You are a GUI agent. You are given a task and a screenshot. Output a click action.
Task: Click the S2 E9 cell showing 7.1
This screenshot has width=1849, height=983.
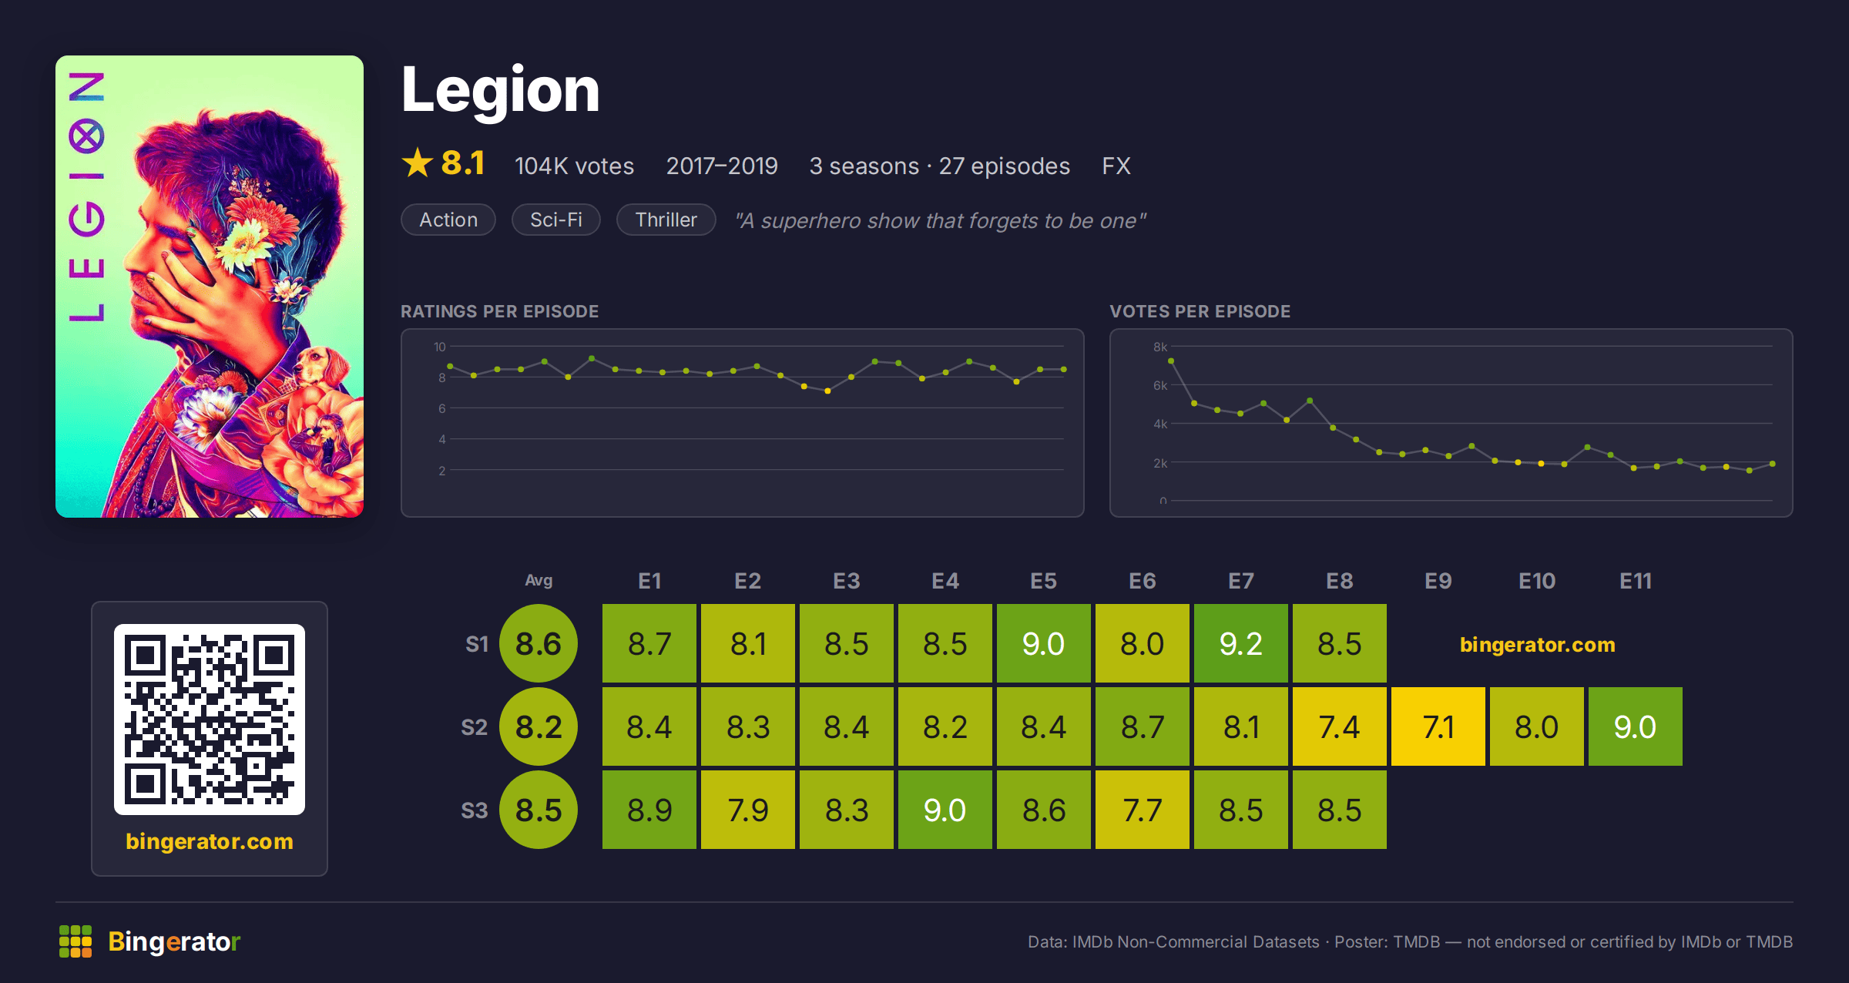tap(1438, 726)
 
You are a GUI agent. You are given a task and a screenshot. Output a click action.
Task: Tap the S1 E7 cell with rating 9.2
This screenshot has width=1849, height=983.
tap(1241, 643)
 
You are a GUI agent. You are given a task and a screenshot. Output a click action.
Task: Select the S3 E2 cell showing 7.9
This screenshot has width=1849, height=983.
tap(748, 810)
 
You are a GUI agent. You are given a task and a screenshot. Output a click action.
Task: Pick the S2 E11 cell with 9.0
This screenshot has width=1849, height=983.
tap(1636, 726)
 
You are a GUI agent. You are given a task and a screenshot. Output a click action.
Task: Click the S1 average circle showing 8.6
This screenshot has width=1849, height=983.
tap(539, 643)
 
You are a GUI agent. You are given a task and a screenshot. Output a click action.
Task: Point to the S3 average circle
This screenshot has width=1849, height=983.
tap(539, 810)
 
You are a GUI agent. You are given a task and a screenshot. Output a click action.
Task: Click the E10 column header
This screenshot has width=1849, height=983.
tap(1537, 581)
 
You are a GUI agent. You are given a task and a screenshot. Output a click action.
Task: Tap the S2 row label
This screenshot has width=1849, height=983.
tap(475, 727)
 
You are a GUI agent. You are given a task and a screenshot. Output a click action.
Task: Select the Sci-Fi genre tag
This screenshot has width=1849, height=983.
tap(556, 220)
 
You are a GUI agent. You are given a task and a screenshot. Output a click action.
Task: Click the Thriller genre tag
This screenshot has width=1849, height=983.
tap(666, 220)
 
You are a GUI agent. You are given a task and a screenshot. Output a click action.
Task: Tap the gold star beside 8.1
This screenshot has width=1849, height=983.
tap(418, 163)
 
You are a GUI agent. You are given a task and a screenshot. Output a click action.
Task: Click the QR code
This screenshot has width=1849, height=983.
tap(210, 720)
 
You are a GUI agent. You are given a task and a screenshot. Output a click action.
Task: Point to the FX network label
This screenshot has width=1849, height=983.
tap(1116, 166)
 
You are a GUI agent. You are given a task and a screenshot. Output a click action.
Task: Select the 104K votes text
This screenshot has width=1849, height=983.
tap(574, 166)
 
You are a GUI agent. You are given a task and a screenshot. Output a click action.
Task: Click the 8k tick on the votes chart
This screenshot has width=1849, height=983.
tap(1160, 347)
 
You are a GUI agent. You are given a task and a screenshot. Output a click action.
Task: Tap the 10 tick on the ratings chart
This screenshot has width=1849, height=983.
tap(440, 347)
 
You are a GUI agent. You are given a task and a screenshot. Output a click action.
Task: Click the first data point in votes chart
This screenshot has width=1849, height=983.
tap(1171, 361)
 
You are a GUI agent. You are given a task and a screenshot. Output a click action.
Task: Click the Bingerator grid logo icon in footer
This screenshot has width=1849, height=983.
tap(76, 941)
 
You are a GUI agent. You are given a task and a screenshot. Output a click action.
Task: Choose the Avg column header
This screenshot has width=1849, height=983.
tap(539, 580)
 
